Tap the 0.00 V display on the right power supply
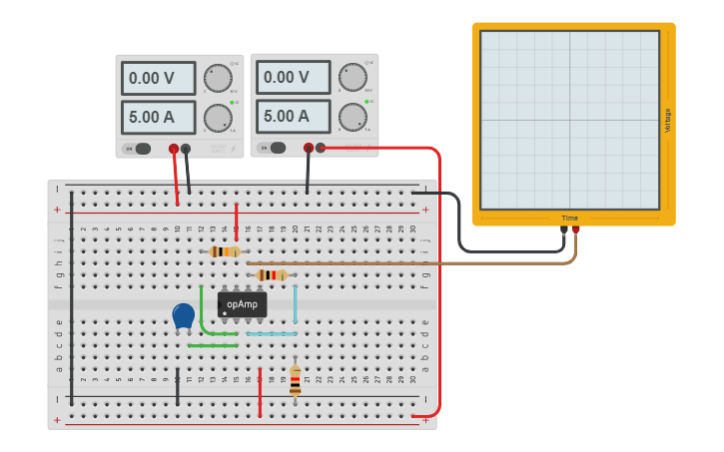coord(294,78)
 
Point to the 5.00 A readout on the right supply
coord(294,117)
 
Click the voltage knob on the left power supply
coord(217,78)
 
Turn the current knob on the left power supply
coord(217,118)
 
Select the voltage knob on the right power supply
coord(352,78)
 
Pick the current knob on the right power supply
coord(352,118)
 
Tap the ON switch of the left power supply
coord(139,149)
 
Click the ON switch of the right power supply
coord(274,149)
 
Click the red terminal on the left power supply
coord(174,149)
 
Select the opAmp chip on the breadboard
coord(242,304)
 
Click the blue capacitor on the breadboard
coord(183,316)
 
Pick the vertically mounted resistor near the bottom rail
coord(295,380)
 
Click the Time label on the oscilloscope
coord(569,218)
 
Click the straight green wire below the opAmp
coord(213,345)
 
